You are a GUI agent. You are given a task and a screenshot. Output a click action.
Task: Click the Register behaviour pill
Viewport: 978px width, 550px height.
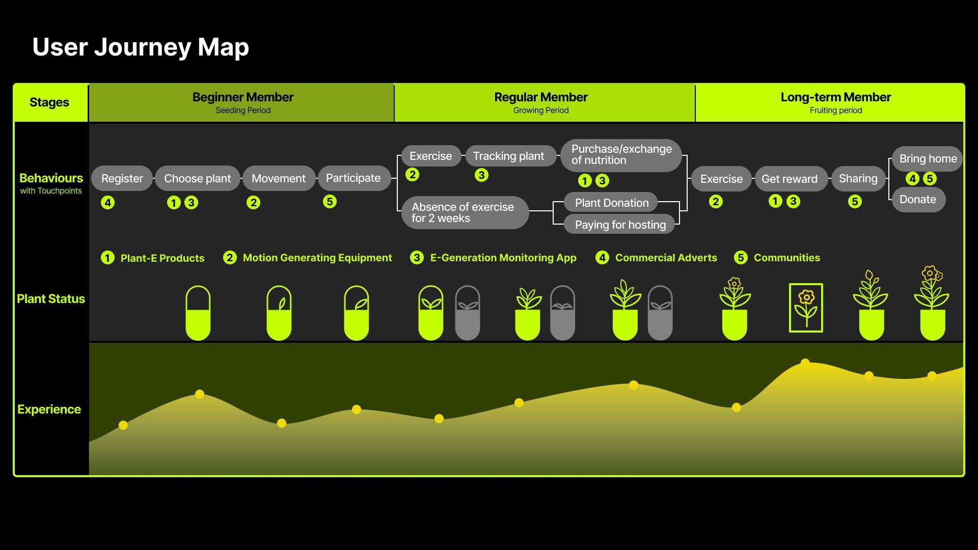coord(122,179)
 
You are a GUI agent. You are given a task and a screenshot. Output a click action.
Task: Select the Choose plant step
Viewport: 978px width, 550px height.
coord(197,179)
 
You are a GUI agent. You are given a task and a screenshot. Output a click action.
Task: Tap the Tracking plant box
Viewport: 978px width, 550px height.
coord(508,156)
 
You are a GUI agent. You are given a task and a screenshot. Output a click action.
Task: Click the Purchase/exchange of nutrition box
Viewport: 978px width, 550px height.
coord(621,155)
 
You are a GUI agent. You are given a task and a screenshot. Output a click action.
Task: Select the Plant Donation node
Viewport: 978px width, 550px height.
coord(611,203)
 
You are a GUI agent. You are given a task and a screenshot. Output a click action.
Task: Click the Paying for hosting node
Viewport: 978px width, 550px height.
coord(620,225)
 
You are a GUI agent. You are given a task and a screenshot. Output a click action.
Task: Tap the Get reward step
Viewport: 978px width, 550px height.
coord(789,179)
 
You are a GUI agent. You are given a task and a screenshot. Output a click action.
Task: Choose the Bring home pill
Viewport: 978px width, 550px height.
coord(927,159)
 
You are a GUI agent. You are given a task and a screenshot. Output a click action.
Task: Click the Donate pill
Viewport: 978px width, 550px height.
coord(918,200)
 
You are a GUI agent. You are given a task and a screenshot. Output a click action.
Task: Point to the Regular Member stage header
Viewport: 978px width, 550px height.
coord(540,102)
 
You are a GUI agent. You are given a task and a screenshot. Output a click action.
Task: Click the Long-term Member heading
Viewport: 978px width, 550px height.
coord(835,102)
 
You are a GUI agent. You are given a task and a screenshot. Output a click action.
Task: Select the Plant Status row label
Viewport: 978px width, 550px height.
coord(51,299)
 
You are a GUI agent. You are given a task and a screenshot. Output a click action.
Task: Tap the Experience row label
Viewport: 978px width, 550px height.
coord(49,409)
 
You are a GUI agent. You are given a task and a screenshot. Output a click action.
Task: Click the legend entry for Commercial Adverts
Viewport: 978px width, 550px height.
coord(657,258)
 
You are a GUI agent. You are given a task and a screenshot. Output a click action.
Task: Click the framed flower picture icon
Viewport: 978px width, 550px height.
coord(806,308)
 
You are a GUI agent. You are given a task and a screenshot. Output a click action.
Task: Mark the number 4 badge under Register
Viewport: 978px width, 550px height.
coord(107,203)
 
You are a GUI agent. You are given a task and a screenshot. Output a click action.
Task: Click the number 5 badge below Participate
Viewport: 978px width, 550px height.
coord(330,202)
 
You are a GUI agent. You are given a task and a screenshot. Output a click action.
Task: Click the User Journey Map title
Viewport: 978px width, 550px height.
coord(141,47)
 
